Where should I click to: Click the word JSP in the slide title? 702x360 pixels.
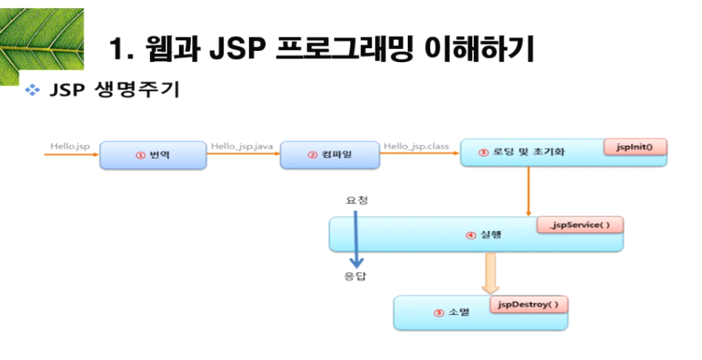coord(235,50)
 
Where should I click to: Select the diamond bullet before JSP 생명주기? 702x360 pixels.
coord(32,91)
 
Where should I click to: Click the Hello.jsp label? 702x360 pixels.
coord(69,146)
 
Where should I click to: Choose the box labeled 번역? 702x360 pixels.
coord(153,154)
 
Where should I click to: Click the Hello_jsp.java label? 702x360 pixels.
coord(242,146)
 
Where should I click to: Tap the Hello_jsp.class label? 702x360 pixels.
coord(417,146)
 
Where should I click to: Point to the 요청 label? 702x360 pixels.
coord(356,200)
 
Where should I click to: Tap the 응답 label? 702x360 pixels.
coord(356,277)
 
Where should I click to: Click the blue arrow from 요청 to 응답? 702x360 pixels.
coord(356,238)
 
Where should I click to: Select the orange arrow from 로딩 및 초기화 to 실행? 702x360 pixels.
coord(529,191)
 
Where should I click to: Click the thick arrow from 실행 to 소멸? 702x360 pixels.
coord(488,273)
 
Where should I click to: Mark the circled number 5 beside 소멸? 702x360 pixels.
coord(439,313)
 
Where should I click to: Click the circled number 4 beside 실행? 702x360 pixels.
coord(470,236)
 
